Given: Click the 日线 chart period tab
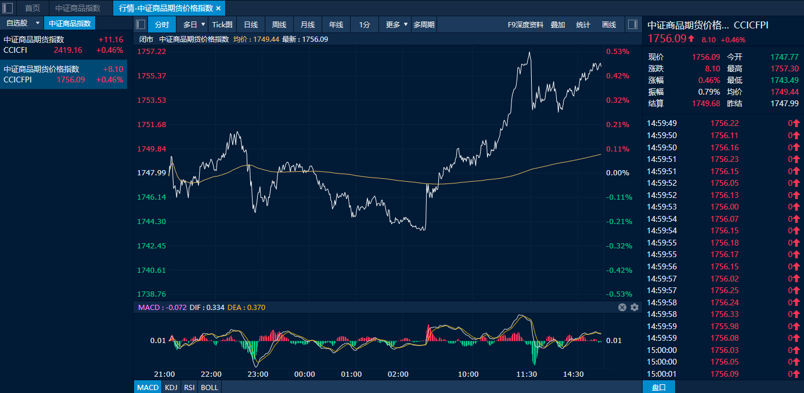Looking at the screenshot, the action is [251, 25].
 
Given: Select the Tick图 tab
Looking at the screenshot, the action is [222, 25].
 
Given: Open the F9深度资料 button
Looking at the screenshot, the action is [525, 25].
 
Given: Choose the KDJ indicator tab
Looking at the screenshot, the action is [171, 388].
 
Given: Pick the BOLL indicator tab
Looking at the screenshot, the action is [209, 388].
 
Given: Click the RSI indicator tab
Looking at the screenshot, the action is [189, 388].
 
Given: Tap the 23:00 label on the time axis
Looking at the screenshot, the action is [258, 374].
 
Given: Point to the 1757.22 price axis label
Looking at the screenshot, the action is [152, 51].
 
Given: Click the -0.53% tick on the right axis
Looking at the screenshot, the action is [619, 294].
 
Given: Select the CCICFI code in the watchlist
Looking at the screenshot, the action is [15, 50].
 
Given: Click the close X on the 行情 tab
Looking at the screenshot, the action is [219, 8].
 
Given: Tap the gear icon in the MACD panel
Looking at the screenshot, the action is [634, 307].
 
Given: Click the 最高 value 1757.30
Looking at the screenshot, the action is [784, 68].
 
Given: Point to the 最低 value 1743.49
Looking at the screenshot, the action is [784, 80].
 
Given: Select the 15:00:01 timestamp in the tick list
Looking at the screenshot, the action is [662, 374].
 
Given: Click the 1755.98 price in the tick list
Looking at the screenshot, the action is [724, 326].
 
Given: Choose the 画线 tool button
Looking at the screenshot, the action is [609, 25].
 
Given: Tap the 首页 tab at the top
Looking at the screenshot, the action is [33, 8].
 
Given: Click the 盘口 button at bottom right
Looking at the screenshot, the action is [659, 388].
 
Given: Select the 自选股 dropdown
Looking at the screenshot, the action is [22, 23].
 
